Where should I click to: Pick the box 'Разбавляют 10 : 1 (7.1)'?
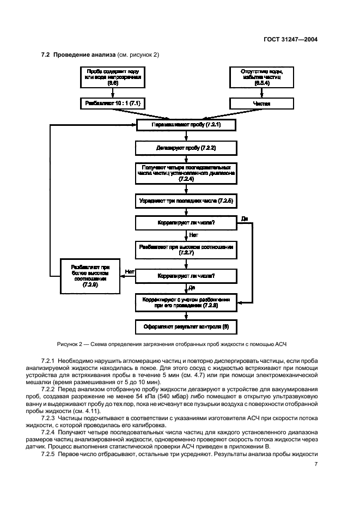[113, 103]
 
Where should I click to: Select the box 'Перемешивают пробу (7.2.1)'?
[186, 125]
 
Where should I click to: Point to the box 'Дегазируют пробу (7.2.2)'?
[186, 148]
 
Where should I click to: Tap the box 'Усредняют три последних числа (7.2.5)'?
[186, 201]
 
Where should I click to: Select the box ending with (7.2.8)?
[186, 303]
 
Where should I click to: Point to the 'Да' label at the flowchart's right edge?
[244, 218]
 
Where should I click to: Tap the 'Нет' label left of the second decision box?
[130, 271]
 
